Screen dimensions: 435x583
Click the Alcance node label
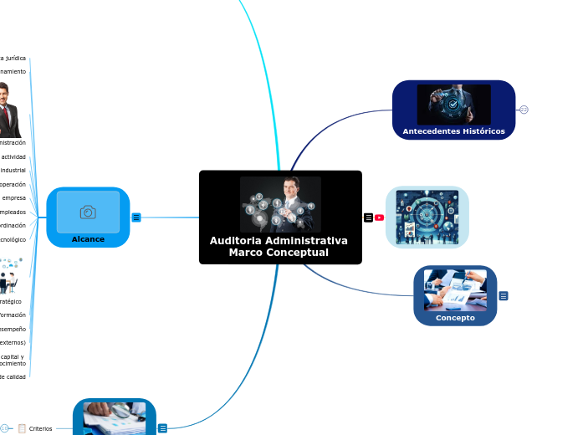pyautogui.click(x=88, y=239)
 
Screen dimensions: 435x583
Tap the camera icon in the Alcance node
pyautogui.click(x=88, y=212)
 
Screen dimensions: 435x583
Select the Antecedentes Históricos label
pyautogui.click(x=453, y=131)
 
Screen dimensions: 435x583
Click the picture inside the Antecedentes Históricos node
pyautogui.click(x=453, y=105)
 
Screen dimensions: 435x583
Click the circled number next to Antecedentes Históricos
pyautogui.click(x=524, y=110)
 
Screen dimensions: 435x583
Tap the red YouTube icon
pyautogui.click(x=379, y=217)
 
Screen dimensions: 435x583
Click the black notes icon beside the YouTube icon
pyautogui.click(x=368, y=217)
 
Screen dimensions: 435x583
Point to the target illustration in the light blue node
pyautogui.click(x=427, y=217)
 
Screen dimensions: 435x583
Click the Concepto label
pyautogui.click(x=455, y=318)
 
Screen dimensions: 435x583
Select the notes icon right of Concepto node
pyautogui.click(x=504, y=296)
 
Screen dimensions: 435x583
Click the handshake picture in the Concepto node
pyautogui.click(x=455, y=289)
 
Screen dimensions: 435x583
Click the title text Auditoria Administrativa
pyautogui.click(x=279, y=241)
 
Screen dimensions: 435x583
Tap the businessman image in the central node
pyautogui.click(x=280, y=204)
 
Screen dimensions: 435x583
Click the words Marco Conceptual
pyautogui.click(x=279, y=253)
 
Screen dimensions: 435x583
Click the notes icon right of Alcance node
pyautogui.click(x=136, y=217)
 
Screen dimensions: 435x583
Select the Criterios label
pyautogui.click(x=40, y=428)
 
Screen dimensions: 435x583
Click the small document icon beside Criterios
pyautogui.click(x=22, y=428)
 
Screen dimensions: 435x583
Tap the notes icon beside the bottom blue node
pyautogui.click(x=162, y=428)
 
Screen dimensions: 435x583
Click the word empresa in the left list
pyautogui.click(x=14, y=198)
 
